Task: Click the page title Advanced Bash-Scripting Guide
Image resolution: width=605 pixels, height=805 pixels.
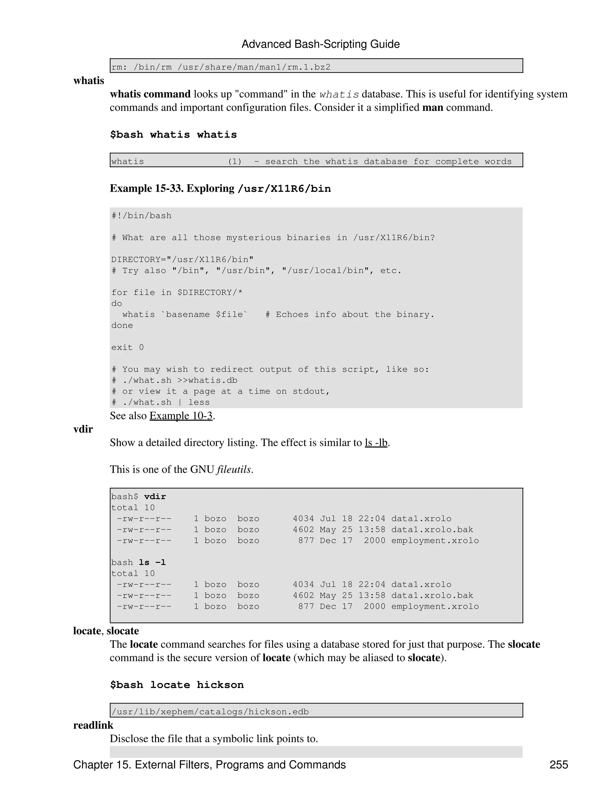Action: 320,44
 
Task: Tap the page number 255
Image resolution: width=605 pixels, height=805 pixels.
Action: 558,765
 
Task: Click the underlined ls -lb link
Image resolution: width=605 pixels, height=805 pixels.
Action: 376,443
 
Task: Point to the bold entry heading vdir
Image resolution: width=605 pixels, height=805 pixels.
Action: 83,429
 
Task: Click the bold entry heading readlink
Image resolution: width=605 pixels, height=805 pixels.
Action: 93,726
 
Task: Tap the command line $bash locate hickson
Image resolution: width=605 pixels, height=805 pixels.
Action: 177,685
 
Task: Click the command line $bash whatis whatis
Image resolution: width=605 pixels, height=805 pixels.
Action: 173,135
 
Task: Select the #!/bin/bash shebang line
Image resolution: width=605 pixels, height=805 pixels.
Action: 141,216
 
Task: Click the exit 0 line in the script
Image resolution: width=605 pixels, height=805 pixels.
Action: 127,348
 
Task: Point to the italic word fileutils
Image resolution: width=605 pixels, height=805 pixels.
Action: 234,470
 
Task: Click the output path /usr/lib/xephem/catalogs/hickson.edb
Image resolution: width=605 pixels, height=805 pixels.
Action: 210,712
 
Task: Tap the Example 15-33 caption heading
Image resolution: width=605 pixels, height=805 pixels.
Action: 220,188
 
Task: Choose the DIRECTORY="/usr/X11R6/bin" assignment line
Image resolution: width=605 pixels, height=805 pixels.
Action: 182,260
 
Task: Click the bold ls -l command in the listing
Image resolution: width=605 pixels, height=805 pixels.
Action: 152,563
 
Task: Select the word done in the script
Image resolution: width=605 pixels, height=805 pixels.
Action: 122,326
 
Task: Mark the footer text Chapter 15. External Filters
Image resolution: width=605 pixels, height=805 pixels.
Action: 209,765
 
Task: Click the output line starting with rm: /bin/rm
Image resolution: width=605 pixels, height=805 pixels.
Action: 221,67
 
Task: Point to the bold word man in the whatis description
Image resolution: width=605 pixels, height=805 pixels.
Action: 432,108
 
